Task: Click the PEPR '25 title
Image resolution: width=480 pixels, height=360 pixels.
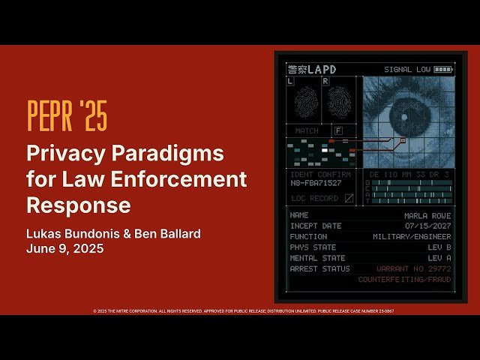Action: [x=67, y=115]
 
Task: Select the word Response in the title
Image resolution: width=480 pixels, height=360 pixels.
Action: [x=78, y=205]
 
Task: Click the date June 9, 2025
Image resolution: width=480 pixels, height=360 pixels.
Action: [x=64, y=248]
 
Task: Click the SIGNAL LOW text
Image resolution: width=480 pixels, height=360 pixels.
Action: [x=406, y=70]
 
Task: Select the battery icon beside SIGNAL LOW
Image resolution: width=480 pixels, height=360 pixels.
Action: [x=443, y=70]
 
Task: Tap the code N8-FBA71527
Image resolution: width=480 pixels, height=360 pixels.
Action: [x=316, y=183]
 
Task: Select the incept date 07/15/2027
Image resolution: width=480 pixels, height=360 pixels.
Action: [x=427, y=226]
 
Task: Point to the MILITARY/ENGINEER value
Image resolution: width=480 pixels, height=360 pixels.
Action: [x=412, y=236]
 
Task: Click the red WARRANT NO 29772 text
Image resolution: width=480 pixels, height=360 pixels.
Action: [x=414, y=268]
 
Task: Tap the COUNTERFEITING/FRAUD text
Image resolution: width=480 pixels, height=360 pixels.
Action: [x=404, y=279]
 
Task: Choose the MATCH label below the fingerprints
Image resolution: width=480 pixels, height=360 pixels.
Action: [x=307, y=130]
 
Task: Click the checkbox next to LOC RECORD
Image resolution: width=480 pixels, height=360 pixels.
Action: [x=348, y=199]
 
